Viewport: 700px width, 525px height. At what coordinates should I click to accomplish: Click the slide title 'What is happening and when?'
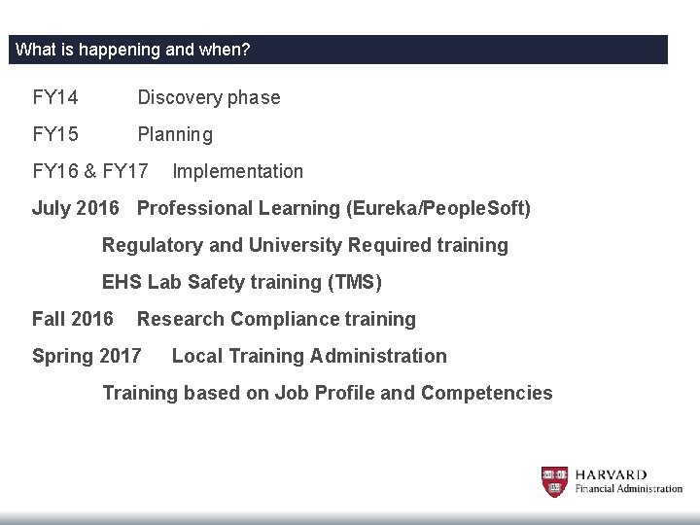[x=133, y=50]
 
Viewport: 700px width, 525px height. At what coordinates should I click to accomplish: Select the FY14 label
[x=55, y=97]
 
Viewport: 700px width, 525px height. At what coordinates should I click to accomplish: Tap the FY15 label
[x=55, y=134]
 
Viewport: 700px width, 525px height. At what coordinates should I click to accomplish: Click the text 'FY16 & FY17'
[x=90, y=171]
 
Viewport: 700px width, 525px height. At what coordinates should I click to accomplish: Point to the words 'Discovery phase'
[x=209, y=97]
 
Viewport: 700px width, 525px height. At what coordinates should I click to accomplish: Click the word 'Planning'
[x=175, y=134]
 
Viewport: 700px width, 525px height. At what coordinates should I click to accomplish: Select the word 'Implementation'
[x=237, y=171]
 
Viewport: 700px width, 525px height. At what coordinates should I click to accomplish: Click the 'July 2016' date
[x=76, y=208]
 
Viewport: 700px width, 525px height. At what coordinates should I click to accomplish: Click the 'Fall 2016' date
[x=73, y=319]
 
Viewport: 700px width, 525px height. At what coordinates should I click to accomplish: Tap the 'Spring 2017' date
[x=87, y=356]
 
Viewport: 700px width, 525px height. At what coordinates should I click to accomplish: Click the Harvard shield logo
[x=554, y=481]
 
